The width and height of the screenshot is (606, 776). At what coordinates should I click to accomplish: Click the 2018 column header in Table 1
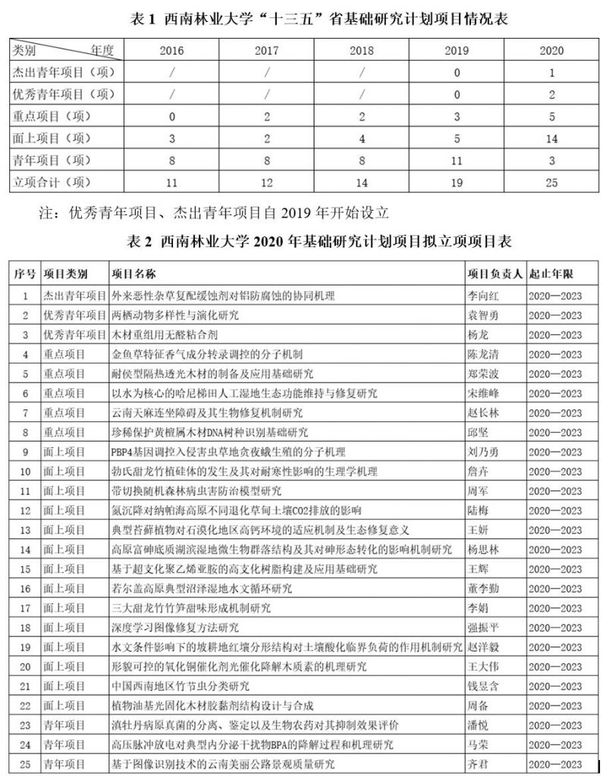click(x=362, y=51)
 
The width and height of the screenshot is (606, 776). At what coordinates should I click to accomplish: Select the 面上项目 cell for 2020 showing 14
click(x=551, y=139)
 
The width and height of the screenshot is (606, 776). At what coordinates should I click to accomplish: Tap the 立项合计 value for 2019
click(x=457, y=183)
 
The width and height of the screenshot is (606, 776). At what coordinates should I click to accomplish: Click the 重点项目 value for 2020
click(x=551, y=117)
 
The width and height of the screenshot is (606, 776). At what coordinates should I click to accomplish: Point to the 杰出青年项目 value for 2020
click(x=551, y=73)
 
